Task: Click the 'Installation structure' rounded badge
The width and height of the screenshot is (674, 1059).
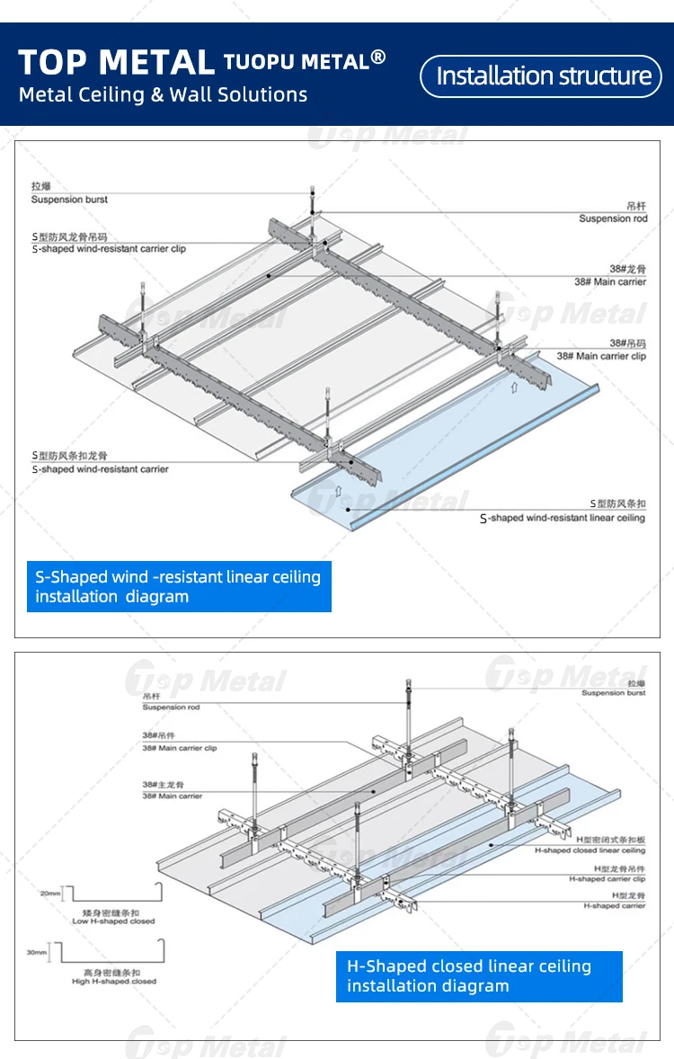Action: click(543, 76)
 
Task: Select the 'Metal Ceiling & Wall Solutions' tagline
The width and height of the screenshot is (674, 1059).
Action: click(163, 94)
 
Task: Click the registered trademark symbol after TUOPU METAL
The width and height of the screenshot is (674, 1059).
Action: click(378, 58)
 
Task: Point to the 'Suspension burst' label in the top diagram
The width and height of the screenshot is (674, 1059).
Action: click(69, 199)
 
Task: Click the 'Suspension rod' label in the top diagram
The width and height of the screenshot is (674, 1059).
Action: click(612, 218)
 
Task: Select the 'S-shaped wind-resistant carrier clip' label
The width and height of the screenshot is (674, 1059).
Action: click(109, 248)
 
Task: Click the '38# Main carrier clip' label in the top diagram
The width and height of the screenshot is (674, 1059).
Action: click(600, 356)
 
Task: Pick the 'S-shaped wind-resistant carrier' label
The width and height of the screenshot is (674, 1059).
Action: click(100, 468)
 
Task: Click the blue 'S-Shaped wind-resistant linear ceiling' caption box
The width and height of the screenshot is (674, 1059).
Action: click(179, 586)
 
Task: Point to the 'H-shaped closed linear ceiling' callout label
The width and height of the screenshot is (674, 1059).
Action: click(590, 850)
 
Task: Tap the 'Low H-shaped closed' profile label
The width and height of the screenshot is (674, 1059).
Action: click(113, 921)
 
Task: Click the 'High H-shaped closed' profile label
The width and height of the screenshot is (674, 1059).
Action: click(114, 982)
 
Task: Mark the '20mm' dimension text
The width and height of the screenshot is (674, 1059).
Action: click(50, 894)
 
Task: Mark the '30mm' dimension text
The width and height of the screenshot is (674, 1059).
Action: click(37, 951)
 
